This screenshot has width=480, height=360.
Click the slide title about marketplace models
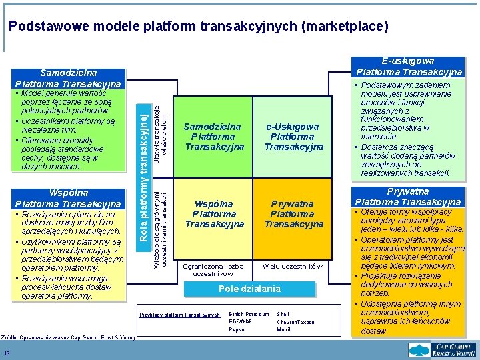198,27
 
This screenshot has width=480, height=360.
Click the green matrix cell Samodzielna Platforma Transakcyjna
213,137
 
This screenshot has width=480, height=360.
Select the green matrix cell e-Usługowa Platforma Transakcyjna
293,137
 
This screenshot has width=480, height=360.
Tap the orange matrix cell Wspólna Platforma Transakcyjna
213,214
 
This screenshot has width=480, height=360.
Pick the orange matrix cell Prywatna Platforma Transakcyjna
293,214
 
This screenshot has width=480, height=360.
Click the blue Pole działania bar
250,289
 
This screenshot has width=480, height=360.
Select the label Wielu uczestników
293,266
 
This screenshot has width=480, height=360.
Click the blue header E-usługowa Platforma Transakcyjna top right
409,66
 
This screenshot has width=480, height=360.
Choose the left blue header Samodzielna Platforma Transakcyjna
69,78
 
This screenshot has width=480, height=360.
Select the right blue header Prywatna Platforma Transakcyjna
408,196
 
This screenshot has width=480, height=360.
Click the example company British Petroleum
249,314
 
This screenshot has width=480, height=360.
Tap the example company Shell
283,314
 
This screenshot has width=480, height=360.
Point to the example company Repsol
237,329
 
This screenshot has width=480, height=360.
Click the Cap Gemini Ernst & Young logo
443,349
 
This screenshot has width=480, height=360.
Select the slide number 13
6,353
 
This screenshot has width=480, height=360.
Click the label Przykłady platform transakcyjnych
180,314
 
